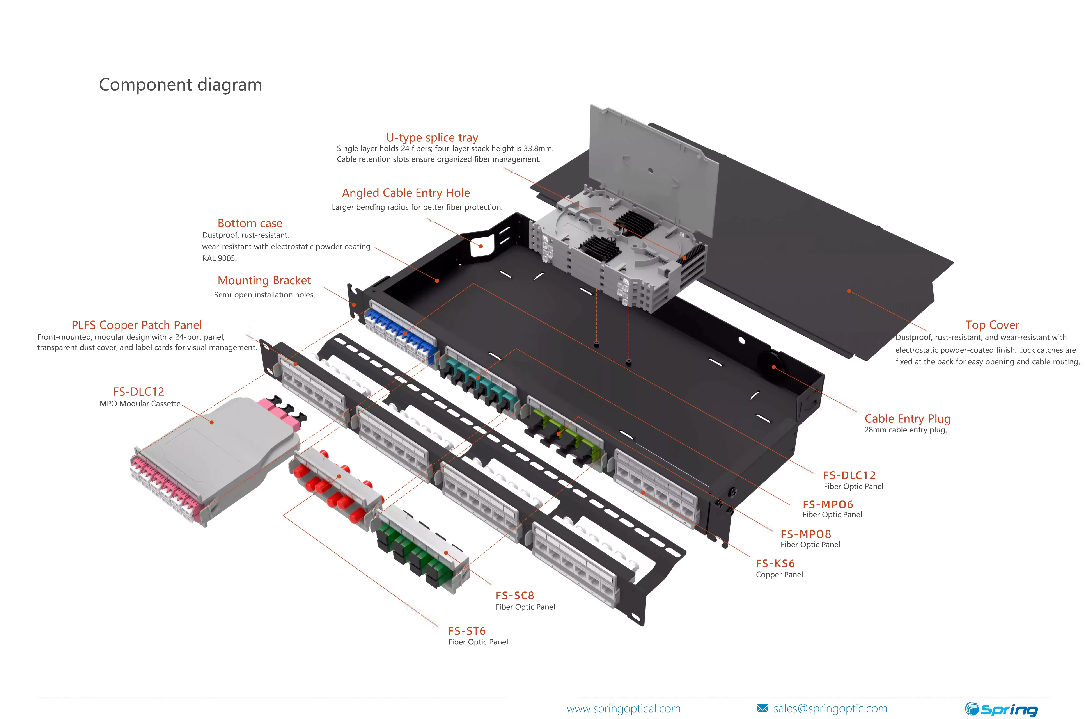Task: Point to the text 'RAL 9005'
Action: tap(219, 258)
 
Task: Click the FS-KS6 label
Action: tap(775, 564)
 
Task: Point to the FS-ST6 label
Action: tap(466, 631)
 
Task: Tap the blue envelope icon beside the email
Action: tap(762, 708)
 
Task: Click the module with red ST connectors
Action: tap(335, 486)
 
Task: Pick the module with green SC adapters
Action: tap(422, 550)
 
